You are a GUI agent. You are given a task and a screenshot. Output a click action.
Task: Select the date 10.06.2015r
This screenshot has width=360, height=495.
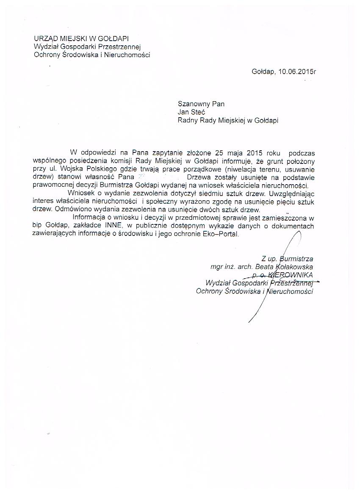(297, 72)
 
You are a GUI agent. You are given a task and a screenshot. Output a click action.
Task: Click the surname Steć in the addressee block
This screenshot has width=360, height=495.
(199, 112)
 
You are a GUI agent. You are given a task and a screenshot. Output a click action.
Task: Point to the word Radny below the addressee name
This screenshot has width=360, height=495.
(187, 120)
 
